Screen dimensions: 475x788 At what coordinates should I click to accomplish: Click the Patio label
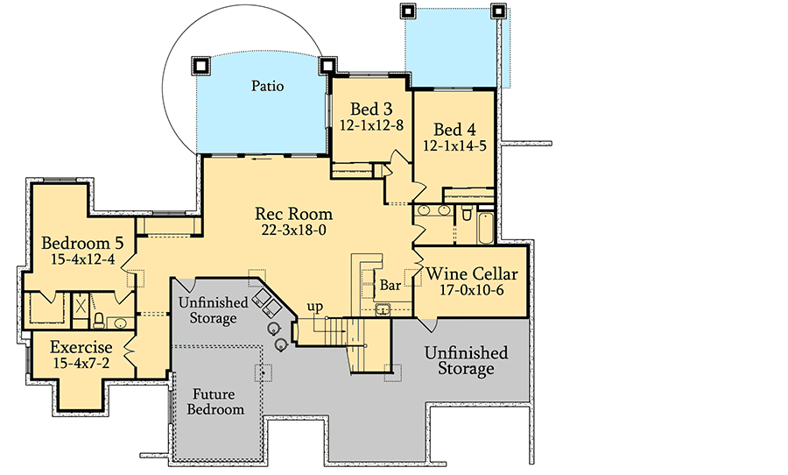click(268, 87)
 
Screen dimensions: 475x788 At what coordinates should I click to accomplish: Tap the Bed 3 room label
click(371, 110)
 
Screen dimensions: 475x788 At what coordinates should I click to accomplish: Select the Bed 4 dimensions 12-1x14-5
click(454, 146)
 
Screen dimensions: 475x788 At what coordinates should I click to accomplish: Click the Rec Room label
click(293, 213)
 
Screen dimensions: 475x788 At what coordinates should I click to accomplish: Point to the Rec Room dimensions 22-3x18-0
click(293, 230)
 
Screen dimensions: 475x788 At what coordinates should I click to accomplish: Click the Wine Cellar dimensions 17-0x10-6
click(471, 291)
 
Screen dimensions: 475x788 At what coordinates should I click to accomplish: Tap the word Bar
click(390, 285)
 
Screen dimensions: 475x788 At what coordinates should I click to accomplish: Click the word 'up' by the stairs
click(314, 306)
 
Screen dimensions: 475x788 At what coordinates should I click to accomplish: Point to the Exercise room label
click(81, 346)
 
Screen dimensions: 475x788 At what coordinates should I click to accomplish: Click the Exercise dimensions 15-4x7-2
click(81, 362)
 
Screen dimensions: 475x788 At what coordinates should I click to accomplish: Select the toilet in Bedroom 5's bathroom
click(100, 319)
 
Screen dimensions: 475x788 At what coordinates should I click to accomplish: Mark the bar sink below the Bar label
click(384, 308)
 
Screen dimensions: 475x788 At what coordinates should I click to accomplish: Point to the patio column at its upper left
click(200, 65)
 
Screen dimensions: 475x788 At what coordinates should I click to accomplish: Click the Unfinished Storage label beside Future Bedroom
click(213, 310)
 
